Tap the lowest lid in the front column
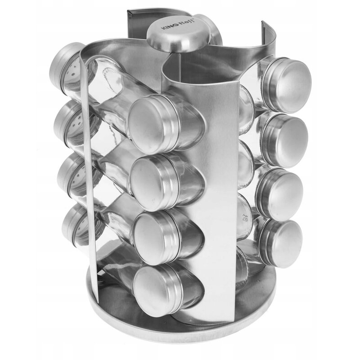(157, 285)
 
